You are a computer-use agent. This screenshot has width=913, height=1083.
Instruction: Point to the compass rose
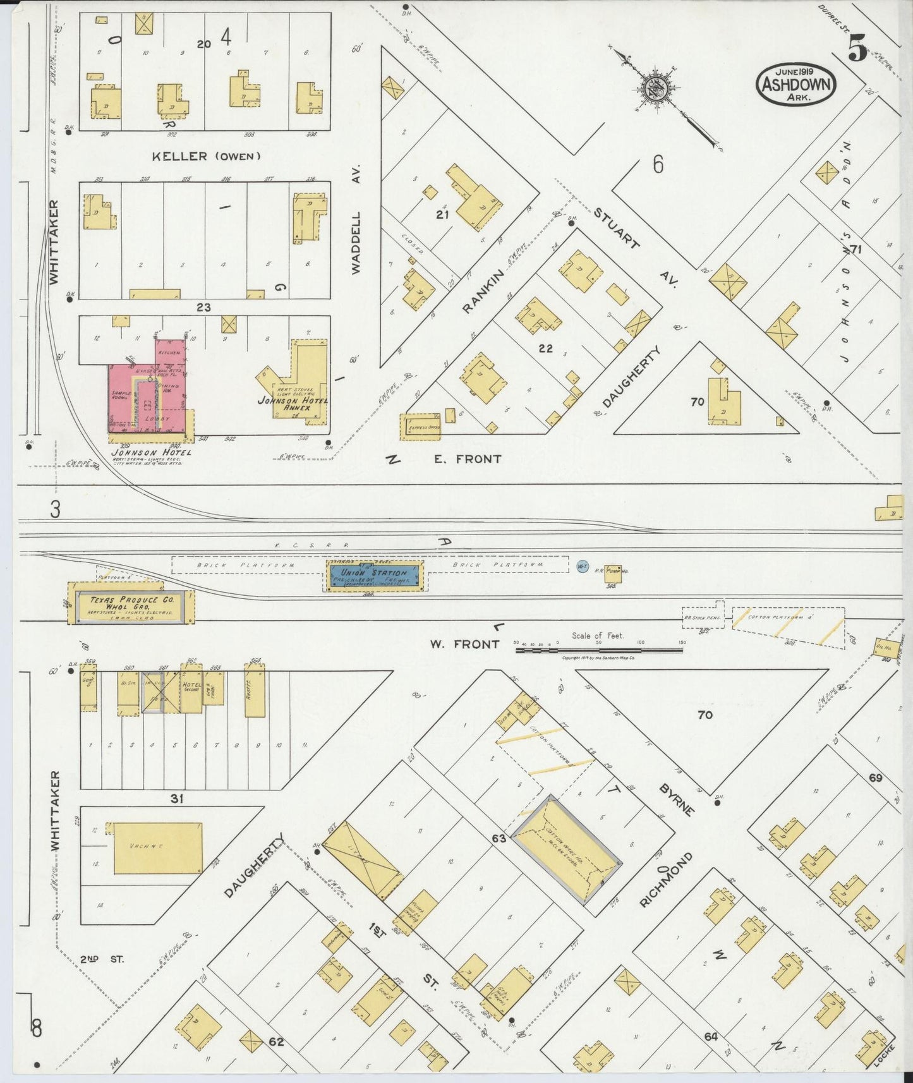(x=656, y=88)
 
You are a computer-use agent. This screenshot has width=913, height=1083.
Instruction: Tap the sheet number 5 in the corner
(x=857, y=48)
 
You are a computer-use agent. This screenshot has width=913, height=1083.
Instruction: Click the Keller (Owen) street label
(x=206, y=155)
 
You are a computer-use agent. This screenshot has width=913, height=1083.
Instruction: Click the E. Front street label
(x=468, y=459)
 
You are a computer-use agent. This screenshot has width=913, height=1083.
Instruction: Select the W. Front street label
(x=464, y=644)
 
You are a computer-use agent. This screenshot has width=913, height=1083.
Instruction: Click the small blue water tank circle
(x=582, y=566)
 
